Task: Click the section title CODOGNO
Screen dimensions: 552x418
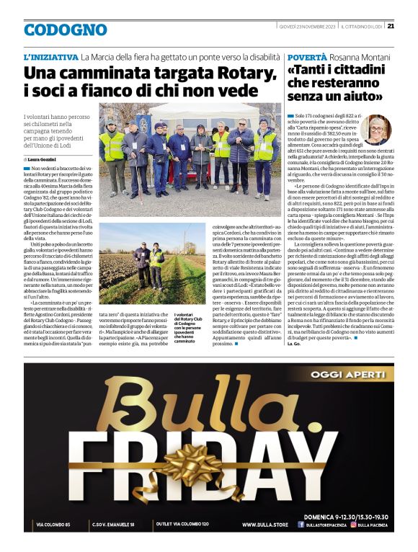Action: click(x=65, y=30)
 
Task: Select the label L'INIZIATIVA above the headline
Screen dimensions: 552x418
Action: click(x=50, y=56)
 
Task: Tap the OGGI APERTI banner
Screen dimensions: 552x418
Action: click(x=348, y=374)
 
